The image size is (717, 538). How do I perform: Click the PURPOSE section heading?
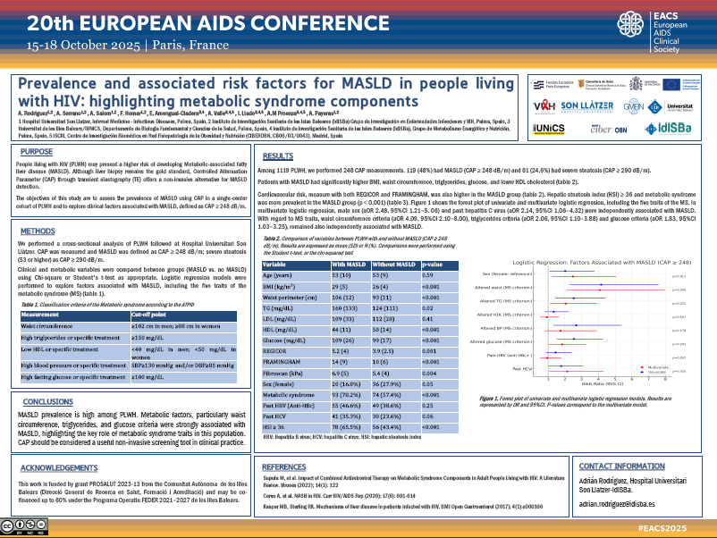[36, 152]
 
